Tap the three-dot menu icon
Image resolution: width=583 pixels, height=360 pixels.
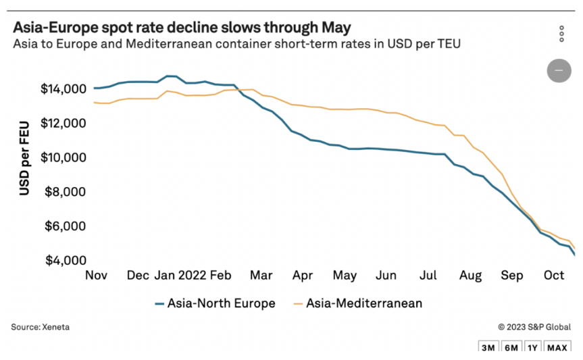point(561,34)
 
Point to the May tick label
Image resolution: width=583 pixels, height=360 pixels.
point(345,276)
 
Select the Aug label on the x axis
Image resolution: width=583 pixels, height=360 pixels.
point(470,276)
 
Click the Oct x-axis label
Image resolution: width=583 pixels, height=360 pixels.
point(554,276)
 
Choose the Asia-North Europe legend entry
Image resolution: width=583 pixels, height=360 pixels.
point(215,303)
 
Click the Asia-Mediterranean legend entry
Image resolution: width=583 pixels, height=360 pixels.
point(357,303)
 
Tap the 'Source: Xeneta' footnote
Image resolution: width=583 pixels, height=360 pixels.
point(40,327)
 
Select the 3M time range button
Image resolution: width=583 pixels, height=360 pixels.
point(488,348)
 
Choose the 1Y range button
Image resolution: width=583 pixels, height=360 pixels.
point(533,348)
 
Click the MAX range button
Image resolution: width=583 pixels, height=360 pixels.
point(557,348)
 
